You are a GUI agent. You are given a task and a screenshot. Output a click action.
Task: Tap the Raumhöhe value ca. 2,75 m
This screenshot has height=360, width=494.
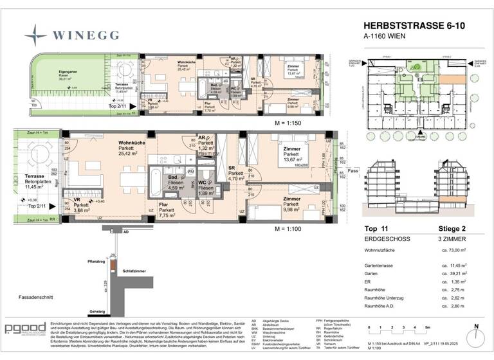click(453, 291)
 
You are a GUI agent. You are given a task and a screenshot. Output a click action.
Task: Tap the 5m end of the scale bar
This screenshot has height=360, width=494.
click(429, 328)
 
